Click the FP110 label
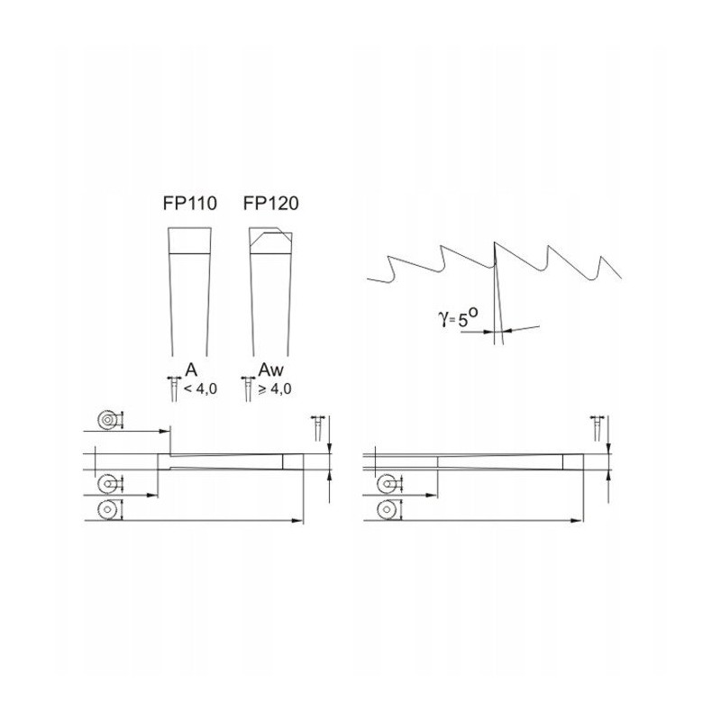[x=189, y=204]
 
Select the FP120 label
[x=271, y=204]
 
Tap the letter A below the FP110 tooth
[x=191, y=370]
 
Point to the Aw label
[x=271, y=370]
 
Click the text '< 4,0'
[x=200, y=389]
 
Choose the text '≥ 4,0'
[x=275, y=389]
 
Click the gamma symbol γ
[x=443, y=317]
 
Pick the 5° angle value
[x=468, y=316]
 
